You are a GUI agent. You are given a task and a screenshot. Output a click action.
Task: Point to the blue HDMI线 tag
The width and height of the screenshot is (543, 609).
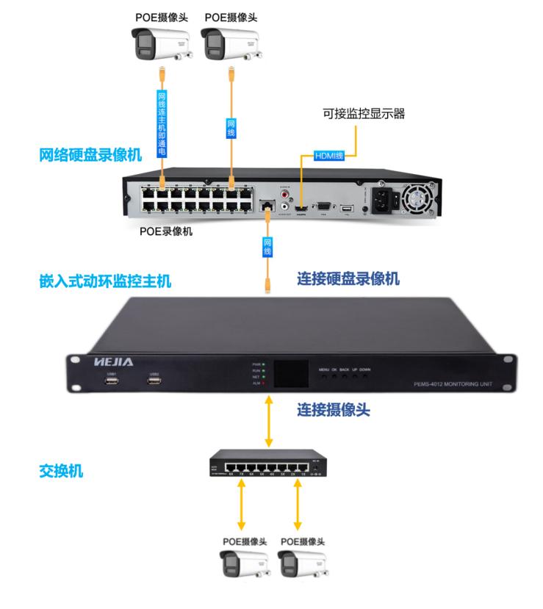click(x=329, y=156)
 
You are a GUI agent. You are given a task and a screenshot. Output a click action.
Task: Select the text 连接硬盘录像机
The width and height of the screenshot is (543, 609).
click(x=348, y=279)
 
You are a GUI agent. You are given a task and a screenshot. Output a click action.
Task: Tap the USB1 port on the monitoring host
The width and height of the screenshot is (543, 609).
click(x=111, y=382)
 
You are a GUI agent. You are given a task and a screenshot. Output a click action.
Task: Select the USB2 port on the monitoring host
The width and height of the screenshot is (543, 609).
click(x=154, y=382)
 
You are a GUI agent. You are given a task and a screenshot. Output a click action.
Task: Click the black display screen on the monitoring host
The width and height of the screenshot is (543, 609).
click(x=288, y=375)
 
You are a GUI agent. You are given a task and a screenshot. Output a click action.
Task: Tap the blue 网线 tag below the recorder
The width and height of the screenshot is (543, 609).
click(x=267, y=248)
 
